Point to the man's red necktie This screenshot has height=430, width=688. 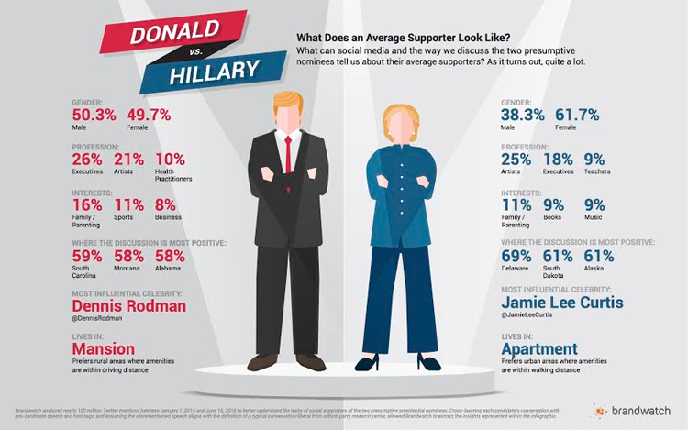287,152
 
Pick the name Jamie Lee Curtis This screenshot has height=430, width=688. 561,303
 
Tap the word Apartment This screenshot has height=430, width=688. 540,349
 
